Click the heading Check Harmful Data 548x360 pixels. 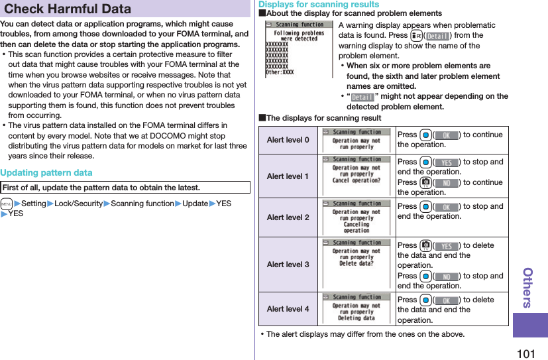(68, 9)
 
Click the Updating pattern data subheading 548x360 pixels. (46, 172)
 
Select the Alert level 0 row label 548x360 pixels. (288, 140)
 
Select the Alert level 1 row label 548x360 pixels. (288, 176)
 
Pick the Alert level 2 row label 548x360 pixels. (288, 217)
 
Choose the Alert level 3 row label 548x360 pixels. (288, 265)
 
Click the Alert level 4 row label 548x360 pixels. (288, 309)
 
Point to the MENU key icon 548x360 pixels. (6, 204)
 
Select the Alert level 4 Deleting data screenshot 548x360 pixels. (356, 308)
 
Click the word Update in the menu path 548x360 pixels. (195, 204)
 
